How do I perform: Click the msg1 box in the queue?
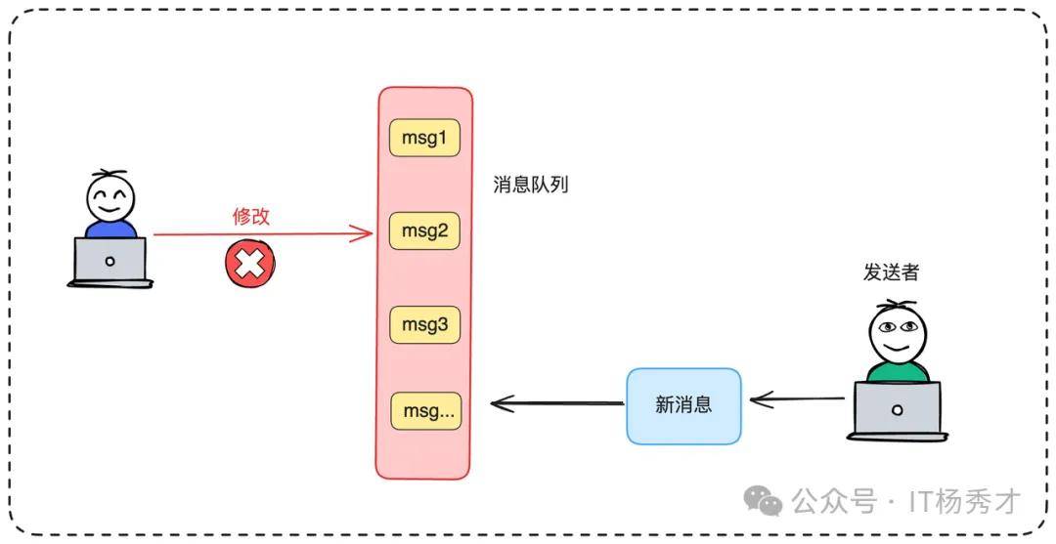click(423, 139)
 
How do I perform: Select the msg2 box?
click(423, 231)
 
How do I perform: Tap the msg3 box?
click(423, 324)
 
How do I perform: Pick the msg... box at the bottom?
click(425, 411)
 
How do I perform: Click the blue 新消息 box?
click(683, 405)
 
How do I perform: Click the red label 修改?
click(250, 216)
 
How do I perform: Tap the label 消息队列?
click(532, 184)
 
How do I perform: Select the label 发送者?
click(891, 272)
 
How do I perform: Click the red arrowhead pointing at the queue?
click(364, 233)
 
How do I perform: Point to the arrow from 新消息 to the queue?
click(557, 401)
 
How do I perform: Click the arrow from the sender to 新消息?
click(797, 398)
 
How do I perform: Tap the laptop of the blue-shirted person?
click(110, 262)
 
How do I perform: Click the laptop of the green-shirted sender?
click(897, 409)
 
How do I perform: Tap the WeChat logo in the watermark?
click(763, 501)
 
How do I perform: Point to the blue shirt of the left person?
click(110, 230)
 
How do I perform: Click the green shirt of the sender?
click(897, 372)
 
